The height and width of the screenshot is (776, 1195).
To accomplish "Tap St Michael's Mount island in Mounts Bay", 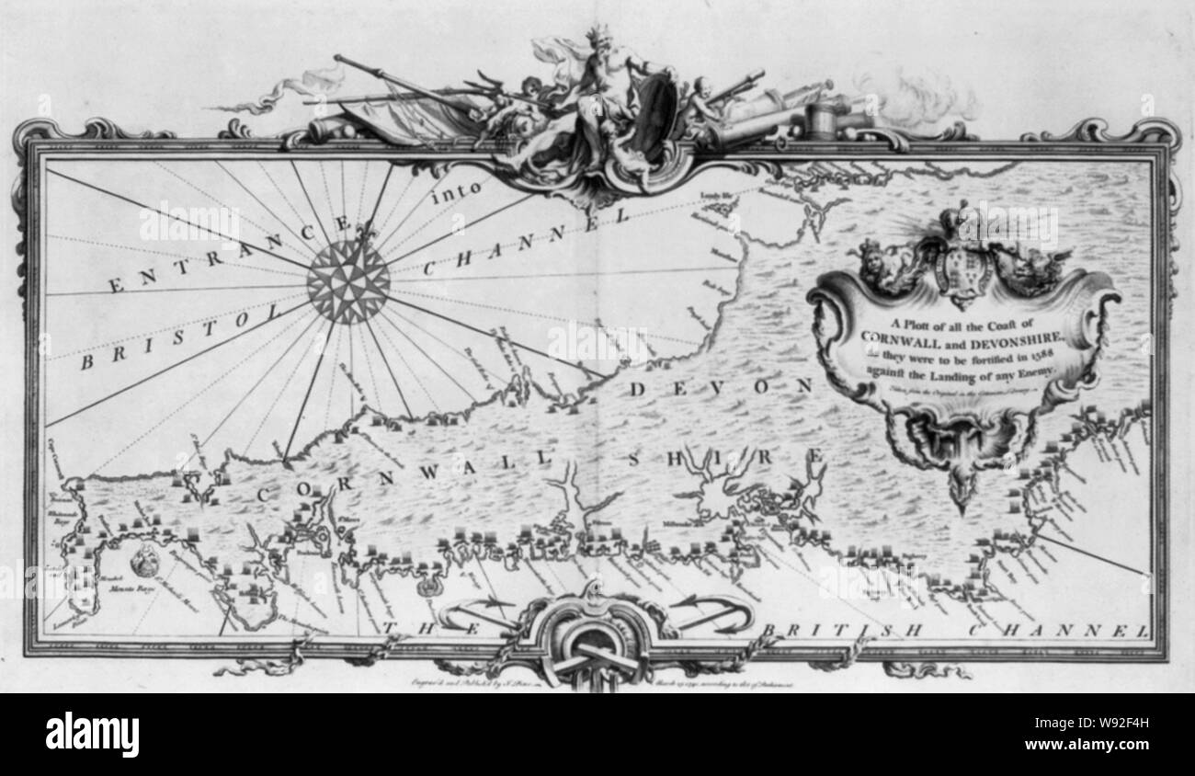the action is tap(145, 559).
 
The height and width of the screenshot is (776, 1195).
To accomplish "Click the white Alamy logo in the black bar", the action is tap(92, 735).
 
